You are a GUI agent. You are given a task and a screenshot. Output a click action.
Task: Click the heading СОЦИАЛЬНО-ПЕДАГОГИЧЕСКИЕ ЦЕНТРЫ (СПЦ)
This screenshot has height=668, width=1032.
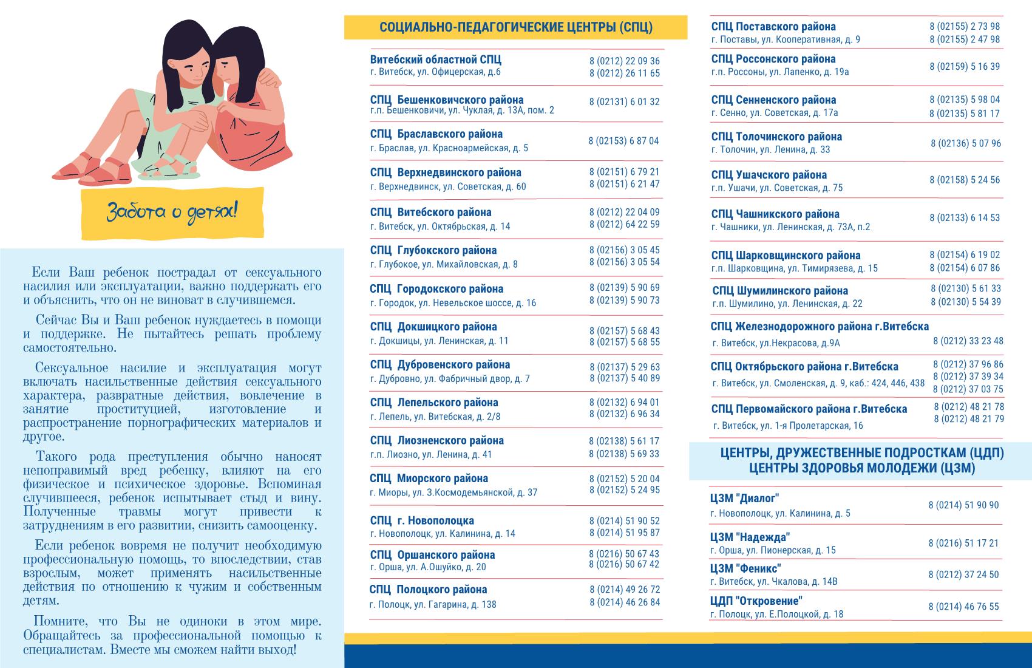pos(515,27)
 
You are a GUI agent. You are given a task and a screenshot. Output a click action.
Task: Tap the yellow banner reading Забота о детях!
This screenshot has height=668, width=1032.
pos(172,213)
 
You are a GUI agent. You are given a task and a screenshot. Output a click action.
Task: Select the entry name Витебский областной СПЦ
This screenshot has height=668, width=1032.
pos(435,60)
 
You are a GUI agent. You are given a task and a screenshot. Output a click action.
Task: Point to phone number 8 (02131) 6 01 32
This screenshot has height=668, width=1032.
pos(624,102)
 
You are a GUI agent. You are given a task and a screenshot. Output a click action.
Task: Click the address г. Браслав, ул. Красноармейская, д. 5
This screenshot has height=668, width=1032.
pos(449,148)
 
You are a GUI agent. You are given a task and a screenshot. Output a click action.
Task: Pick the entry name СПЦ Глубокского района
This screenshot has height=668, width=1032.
pos(433,250)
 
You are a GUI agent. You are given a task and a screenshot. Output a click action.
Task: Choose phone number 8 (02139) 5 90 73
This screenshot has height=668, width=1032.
pos(624,301)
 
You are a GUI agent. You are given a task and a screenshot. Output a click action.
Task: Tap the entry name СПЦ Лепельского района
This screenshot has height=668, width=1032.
pos(433,403)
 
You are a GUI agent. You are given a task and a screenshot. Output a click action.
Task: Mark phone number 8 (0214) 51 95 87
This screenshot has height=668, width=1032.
pos(624,533)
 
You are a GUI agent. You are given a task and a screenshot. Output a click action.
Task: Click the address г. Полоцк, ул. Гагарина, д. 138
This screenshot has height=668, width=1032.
pos(432,604)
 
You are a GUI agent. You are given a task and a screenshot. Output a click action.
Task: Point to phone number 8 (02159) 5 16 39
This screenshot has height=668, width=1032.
pos(964,67)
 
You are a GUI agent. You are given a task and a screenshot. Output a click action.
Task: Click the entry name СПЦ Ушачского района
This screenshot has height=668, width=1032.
pos(769,175)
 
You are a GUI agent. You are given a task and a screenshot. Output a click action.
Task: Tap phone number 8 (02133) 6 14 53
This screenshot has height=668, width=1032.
pos(964,218)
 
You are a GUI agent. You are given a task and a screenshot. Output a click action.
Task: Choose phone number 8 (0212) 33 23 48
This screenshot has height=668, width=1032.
pos(968,341)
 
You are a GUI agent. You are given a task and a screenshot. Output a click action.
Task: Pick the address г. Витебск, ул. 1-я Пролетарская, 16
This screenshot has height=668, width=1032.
pos(787,426)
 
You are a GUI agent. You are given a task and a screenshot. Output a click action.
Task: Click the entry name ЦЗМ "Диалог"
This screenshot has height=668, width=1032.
pos(744,499)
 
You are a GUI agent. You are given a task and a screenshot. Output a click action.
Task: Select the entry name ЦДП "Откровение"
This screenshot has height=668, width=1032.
pos(756,601)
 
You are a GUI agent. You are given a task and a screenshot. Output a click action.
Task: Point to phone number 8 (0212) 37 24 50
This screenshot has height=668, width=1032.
pos(963,574)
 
